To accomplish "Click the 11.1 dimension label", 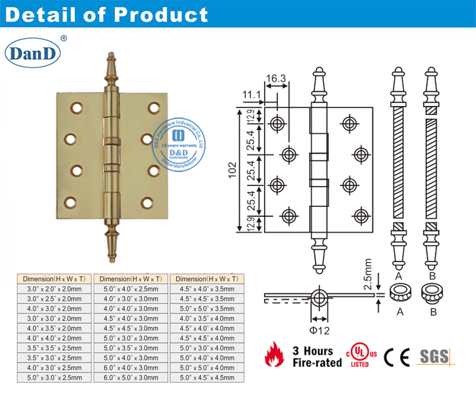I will (x=252, y=95).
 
